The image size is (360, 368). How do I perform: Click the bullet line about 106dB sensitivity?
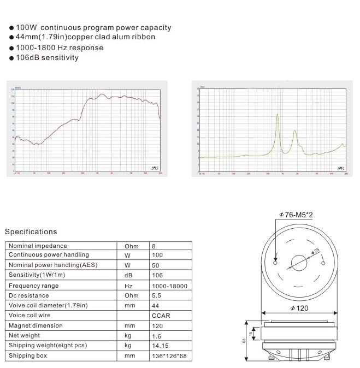47,57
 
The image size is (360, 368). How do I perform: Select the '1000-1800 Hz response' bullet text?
60,48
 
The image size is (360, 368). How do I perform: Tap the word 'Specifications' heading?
31,232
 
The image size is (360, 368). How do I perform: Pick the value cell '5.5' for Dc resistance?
157,295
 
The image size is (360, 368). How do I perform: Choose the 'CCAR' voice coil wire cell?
159,316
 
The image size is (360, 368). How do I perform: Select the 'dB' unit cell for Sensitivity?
129,276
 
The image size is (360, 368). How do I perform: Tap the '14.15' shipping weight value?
161,346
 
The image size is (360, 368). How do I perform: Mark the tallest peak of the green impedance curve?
278,115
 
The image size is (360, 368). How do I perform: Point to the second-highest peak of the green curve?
296,131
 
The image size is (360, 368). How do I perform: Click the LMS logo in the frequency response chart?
154,168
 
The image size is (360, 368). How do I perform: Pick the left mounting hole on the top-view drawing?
275,263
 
